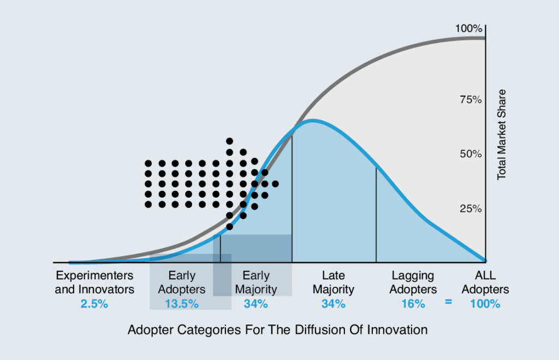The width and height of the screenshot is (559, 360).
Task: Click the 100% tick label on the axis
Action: [x=468, y=28]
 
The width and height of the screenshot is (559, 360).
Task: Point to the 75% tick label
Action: [x=471, y=100]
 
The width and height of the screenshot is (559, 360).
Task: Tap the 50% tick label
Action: [x=471, y=154]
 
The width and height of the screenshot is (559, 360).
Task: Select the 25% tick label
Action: [x=471, y=209]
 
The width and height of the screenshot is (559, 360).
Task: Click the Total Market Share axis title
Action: [x=502, y=134]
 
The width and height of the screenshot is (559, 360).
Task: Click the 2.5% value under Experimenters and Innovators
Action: [x=94, y=304]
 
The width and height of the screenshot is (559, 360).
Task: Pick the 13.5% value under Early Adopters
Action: [x=182, y=304]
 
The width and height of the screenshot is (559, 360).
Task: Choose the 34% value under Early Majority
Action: [x=256, y=304]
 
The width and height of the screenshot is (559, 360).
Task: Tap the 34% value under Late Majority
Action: [x=334, y=304]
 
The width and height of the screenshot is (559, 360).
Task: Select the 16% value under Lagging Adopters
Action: [x=413, y=304]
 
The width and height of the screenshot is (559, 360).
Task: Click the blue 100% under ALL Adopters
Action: [x=485, y=304]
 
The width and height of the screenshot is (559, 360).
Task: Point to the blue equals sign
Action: [x=449, y=302]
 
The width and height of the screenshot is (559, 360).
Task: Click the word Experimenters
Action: [x=94, y=275]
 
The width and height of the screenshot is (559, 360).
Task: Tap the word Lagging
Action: [x=413, y=276]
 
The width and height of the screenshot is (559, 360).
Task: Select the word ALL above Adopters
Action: [x=485, y=275]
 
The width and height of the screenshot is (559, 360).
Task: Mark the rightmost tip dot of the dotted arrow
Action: [x=275, y=184]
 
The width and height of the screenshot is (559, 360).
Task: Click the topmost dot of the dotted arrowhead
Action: [x=230, y=141]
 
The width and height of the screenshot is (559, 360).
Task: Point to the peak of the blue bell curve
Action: [x=312, y=121]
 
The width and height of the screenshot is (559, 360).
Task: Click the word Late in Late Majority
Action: [x=334, y=275]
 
